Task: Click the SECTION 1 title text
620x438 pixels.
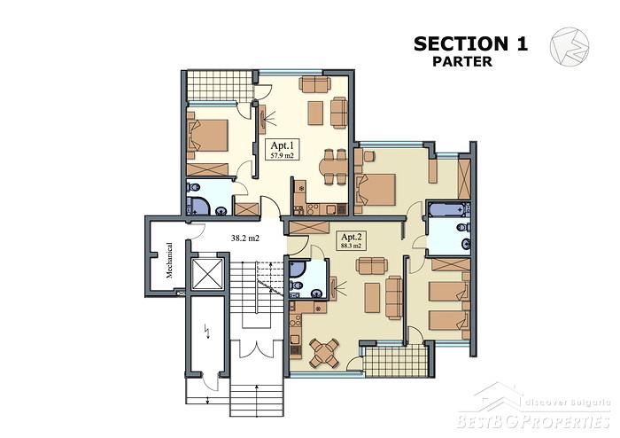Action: click(x=470, y=43)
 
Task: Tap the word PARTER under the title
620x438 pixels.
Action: click(x=462, y=62)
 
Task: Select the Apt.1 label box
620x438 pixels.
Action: click(x=282, y=149)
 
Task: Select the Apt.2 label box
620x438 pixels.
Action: click(x=351, y=240)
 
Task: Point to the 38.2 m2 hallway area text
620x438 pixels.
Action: click(x=245, y=239)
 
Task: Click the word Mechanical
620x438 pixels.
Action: click(x=169, y=260)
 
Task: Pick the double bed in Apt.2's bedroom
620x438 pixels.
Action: click(x=376, y=190)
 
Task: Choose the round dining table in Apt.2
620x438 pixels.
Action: click(x=324, y=352)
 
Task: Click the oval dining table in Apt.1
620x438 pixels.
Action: click(x=332, y=166)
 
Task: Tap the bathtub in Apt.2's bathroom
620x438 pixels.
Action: click(x=448, y=209)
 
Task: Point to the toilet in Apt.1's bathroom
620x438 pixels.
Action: click(x=194, y=186)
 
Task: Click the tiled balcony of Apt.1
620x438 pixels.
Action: click(x=220, y=85)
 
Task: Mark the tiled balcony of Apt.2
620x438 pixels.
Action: click(x=396, y=361)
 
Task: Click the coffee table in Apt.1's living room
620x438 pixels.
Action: click(x=315, y=113)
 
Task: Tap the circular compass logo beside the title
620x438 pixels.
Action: click(x=570, y=46)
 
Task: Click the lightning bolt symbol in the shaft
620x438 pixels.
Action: click(x=206, y=331)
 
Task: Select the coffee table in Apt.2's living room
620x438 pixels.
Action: click(x=372, y=297)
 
